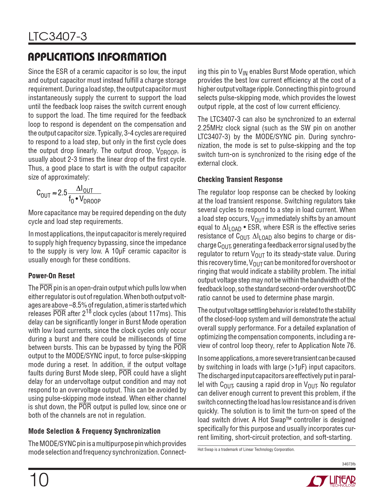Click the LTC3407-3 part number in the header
coord(58,37)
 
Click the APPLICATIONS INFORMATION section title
coord(97,57)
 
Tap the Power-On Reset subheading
coord(52,276)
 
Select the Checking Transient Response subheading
coord(240,180)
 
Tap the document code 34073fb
coord(349,464)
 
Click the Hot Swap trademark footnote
coord(246,450)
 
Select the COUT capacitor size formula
coord(68,195)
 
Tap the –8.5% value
coord(78,305)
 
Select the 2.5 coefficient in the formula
coord(63,193)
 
